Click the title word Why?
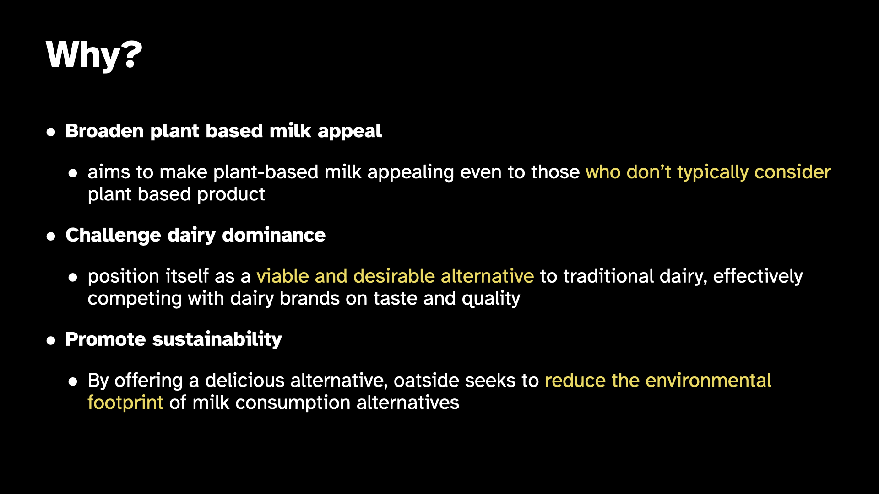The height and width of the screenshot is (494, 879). coord(94,55)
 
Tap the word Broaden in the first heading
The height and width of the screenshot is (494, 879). coord(104,131)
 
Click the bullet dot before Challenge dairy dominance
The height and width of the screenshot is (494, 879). coord(51,236)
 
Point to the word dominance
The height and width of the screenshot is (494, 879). coord(274,235)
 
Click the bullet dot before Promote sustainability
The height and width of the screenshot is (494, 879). coord(51,341)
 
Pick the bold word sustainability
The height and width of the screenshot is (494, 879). coord(217,340)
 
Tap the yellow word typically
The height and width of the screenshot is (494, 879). coord(713,173)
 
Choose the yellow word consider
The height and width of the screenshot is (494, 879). coord(792,172)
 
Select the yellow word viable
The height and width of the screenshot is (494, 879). coord(282,276)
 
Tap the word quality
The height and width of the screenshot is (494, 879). coord(491,299)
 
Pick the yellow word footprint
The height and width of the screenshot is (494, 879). coord(125,403)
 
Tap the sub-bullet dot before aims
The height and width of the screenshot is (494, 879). coord(73,173)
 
